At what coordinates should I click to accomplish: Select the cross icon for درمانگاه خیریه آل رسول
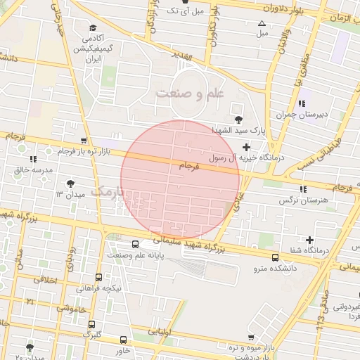pos(245,147)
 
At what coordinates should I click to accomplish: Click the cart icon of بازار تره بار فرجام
pos(84,141)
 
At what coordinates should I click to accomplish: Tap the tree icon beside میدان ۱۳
pos(69,184)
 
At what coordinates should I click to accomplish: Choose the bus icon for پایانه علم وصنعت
pos(113,245)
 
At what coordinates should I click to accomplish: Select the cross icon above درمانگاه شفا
pos(309,240)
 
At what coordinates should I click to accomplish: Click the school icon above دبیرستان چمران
pos(302,103)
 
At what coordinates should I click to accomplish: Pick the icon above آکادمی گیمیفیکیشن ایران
pos(92,27)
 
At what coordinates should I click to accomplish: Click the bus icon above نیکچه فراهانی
pos(98,277)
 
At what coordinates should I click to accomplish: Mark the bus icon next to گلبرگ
pos(92,324)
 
